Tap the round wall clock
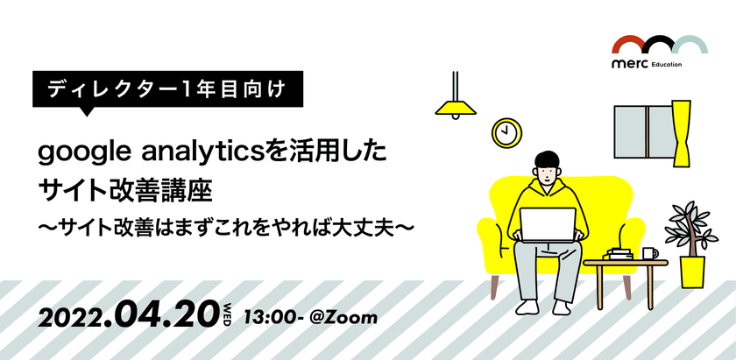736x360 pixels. [506, 132]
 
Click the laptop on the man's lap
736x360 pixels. [548, 224]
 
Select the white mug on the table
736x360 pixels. [649, 253]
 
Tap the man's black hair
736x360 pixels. [547, 161]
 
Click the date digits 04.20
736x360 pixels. [163, 314]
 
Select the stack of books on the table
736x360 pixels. [619, 254]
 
